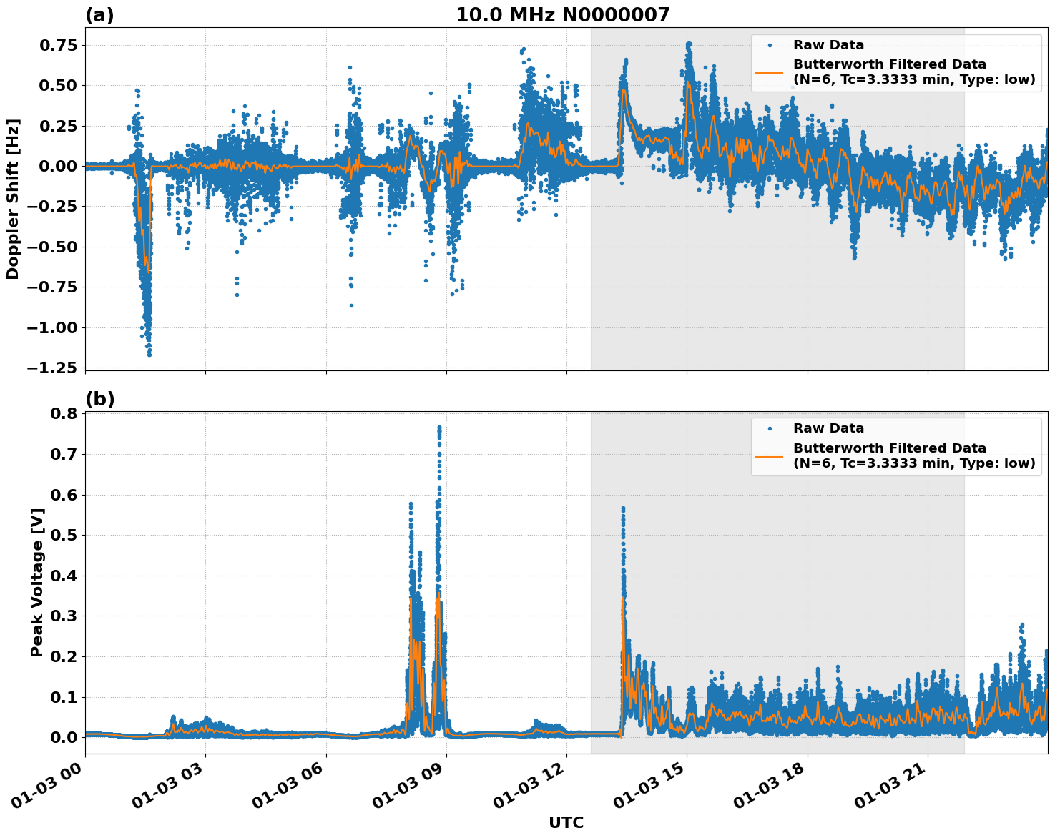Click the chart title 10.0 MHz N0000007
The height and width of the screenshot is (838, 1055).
562,15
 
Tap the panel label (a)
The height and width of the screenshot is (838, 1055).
99,15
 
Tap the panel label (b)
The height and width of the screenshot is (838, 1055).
99,399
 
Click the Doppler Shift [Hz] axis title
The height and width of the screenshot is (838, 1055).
13,199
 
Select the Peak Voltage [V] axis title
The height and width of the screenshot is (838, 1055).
37,582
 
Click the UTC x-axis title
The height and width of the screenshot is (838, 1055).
566,822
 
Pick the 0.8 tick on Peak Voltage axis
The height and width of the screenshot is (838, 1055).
64,414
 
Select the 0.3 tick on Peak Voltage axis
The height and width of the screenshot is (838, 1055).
64,616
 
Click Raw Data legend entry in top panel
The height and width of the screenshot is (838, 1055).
828,45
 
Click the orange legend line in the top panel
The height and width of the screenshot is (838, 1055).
770,72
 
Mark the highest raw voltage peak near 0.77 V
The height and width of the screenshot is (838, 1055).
439,428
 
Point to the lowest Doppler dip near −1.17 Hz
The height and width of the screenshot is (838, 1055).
149,354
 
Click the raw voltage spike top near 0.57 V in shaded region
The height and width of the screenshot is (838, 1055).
623,508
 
